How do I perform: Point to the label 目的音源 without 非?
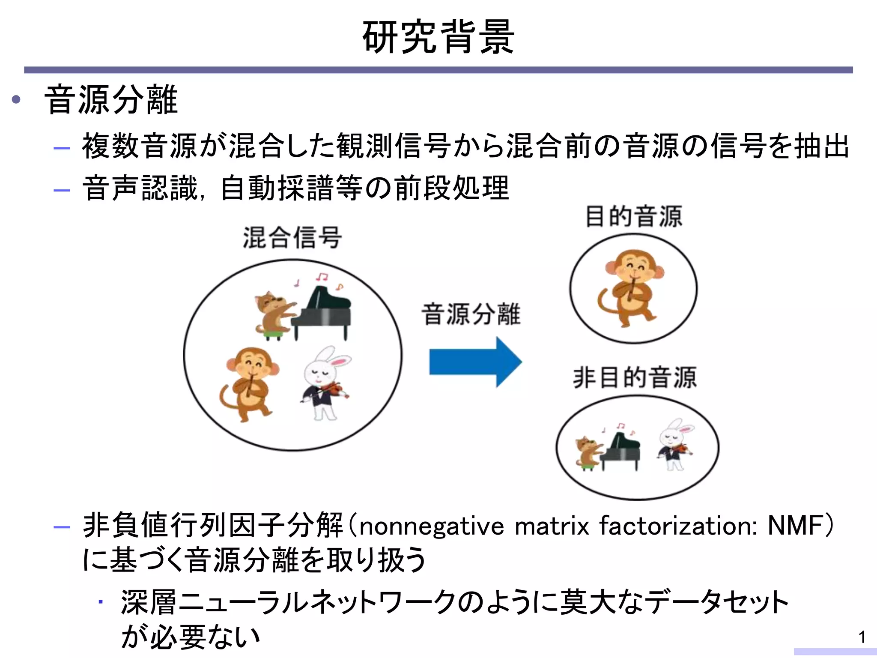coord(633,216)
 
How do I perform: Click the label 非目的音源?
coord(635,378)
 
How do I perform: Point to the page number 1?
coord(862,637)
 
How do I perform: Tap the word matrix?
coord(552,526)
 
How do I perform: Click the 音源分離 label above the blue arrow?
coord(471,314)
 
